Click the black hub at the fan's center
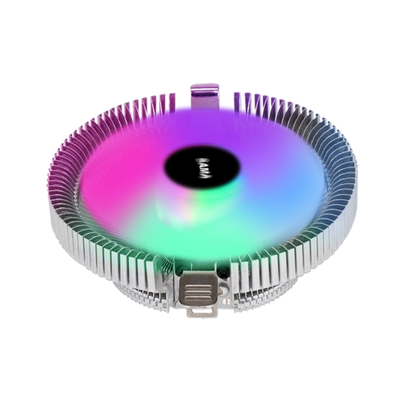pyautogui.click(x=200, y=159)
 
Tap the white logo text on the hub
pyautogui.click(x=200, y=158)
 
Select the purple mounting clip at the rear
pyautogui.click(x=204, y=94)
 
